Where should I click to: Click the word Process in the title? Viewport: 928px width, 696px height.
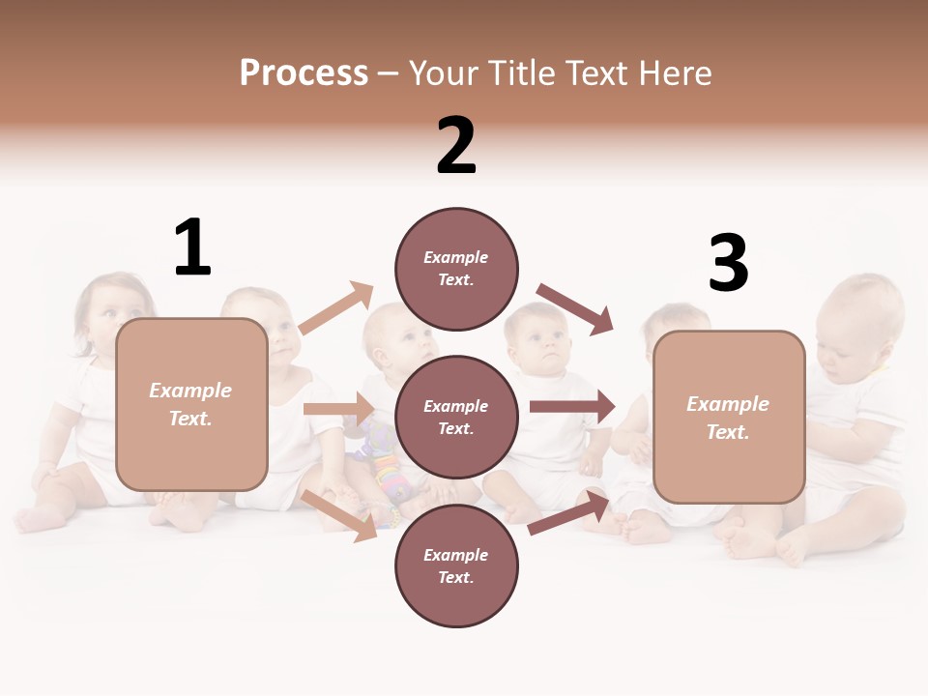304,72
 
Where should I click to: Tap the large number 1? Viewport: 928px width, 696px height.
192,247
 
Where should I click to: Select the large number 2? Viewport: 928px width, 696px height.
456,146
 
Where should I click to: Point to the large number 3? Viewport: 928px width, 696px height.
728,263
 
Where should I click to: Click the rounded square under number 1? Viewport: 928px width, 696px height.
191,404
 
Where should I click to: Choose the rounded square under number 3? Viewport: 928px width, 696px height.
729,417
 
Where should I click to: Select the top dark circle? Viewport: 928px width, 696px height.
456,269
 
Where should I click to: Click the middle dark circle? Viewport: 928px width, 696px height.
456,417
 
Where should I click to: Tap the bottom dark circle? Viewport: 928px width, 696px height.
456,565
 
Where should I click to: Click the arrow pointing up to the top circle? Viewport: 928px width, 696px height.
336,309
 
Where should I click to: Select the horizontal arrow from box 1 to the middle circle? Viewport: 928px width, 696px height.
338,409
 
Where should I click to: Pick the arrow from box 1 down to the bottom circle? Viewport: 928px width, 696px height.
339,514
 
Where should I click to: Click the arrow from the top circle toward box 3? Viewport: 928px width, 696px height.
575,308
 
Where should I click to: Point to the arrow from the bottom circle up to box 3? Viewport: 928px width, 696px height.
569,512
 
